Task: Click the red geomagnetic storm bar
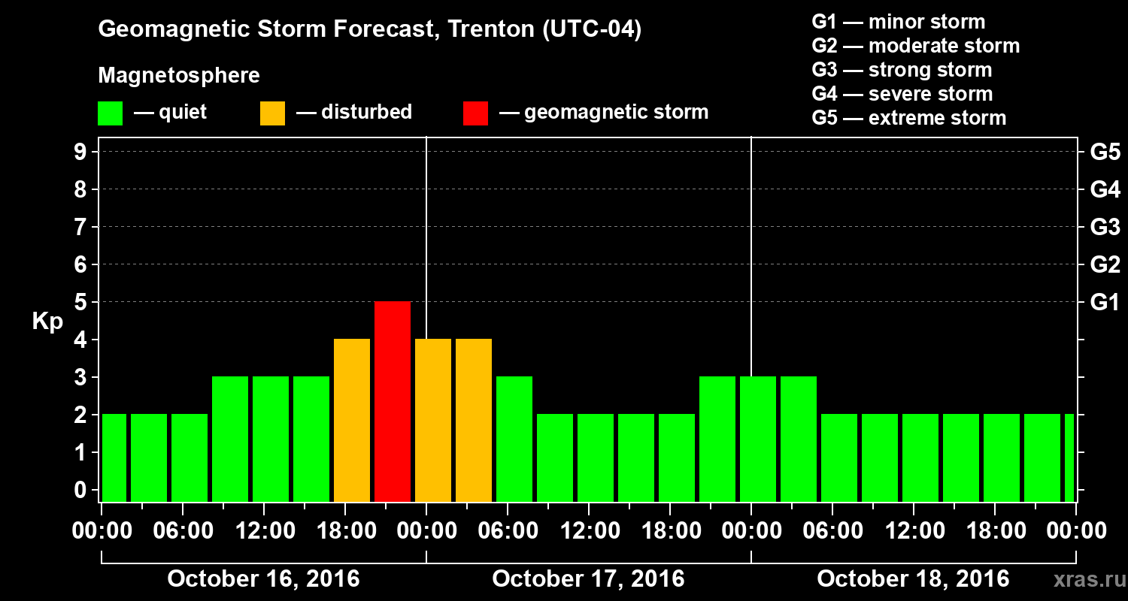(393, 401)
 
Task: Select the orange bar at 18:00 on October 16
(352, 420)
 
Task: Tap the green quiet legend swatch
(110, 113)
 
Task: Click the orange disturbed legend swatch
(272, 113)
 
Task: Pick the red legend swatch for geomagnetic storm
(475, 113)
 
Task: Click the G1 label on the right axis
(1105, 303)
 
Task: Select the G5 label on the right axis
(1105, 153)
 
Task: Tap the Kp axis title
(47, 322)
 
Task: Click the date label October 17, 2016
(588, 579)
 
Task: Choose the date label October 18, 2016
(913, 579)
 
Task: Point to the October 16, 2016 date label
(263, 579)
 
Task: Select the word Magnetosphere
(179, 76)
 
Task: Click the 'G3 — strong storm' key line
(902, 70)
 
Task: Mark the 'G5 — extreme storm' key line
(908, 118)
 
